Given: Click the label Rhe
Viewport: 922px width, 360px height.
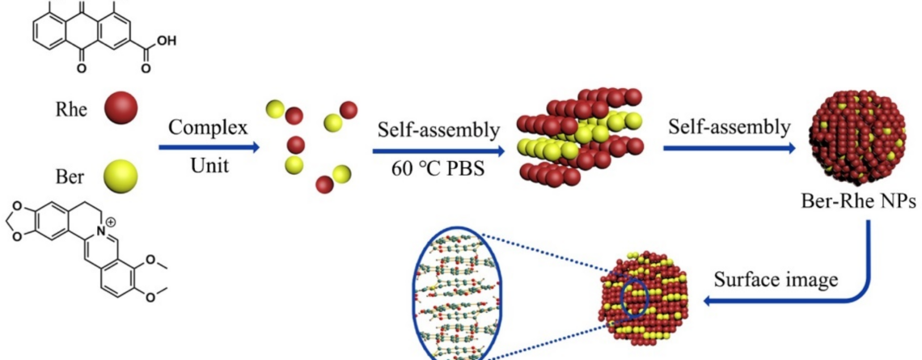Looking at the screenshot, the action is coord(71,110).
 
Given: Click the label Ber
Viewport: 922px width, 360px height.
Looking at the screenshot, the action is coord(70,176).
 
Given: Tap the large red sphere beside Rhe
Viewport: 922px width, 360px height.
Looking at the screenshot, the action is coord(121,110).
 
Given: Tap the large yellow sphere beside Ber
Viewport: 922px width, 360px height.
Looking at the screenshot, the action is coord(121,176).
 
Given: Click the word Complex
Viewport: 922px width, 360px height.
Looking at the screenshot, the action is coord(208,129).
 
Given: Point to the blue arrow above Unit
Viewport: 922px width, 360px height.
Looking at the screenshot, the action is coord(209,148).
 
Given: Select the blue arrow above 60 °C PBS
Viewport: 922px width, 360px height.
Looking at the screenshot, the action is coord(438,152).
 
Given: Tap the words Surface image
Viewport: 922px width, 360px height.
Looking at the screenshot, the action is coord(776,279).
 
